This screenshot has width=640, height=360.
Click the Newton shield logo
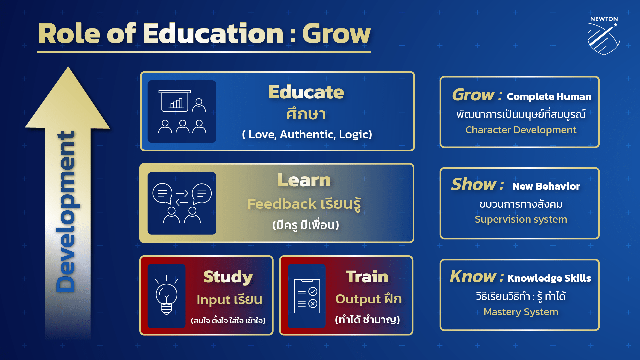coord(604,34)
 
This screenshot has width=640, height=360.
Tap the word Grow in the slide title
coord(336,34)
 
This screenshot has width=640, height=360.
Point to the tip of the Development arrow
coord(68,68)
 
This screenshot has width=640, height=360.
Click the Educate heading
coord(306,92)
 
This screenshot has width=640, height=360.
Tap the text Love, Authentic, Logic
coord(307,134)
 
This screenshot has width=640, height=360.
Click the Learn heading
coord(304,180)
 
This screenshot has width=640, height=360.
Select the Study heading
coord(228,277)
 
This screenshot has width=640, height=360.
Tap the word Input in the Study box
coord(213,300)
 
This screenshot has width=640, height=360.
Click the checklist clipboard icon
coord(307,296)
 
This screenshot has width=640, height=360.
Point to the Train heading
coord(367,277)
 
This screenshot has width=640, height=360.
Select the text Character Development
coord(521,130)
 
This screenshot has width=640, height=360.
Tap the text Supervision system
coord(521,219)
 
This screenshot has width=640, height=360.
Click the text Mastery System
coord(521,312)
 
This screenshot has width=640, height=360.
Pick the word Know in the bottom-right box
coord(473,277)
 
